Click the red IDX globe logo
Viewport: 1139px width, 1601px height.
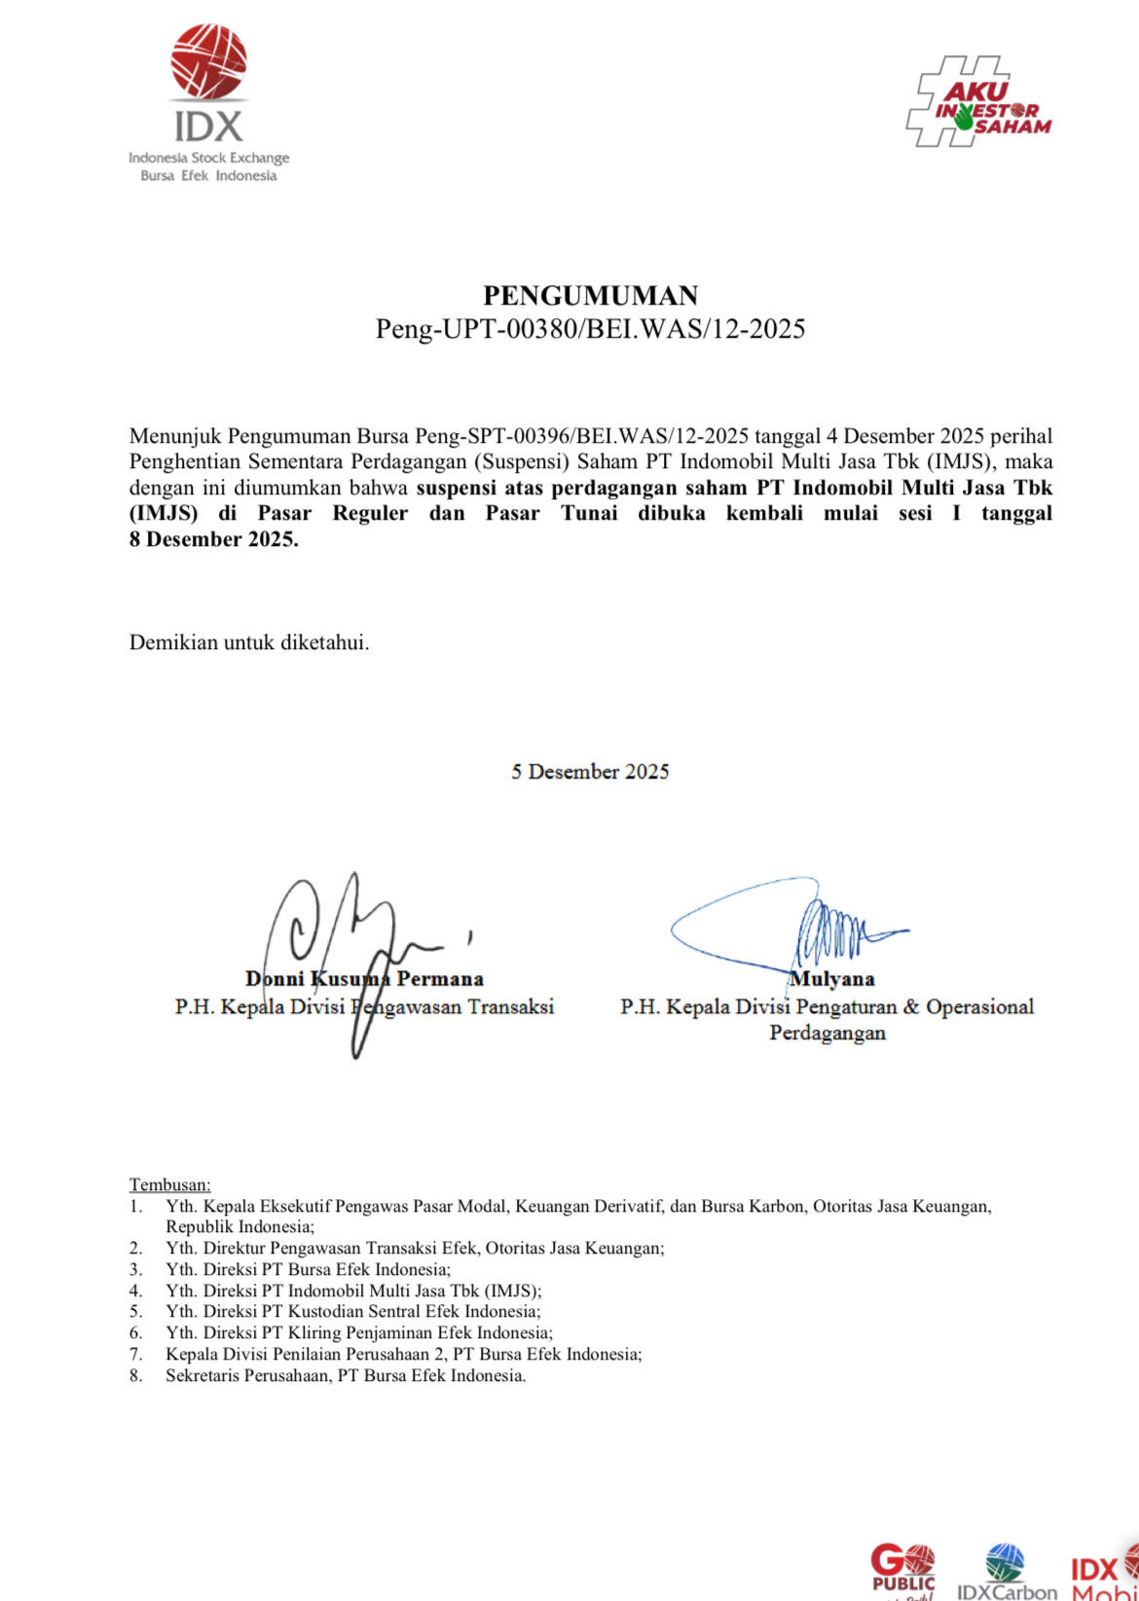(208, 62)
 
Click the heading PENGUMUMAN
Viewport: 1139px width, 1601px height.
(590, 295)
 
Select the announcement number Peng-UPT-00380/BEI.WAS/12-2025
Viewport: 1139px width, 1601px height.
(590, 329)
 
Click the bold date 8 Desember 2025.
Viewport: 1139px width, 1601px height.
(213, 539)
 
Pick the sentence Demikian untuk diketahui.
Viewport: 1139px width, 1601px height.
(249, 642)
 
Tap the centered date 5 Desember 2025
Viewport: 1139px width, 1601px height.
(590, 772)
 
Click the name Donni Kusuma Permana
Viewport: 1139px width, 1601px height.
(364, 979)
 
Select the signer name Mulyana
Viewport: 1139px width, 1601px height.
(832, 979)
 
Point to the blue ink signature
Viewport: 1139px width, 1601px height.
(789, 929)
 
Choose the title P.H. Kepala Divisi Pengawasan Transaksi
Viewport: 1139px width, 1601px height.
(364, 1006)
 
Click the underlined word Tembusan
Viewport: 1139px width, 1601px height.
(169, 1184)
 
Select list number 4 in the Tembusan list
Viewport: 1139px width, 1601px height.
(136, 1291)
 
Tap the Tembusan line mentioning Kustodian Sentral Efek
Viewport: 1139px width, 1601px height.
(352, 1312)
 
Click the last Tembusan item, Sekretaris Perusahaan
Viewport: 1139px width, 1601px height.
(346, 1376)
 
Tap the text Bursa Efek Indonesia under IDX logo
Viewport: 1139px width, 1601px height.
(208, 176)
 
